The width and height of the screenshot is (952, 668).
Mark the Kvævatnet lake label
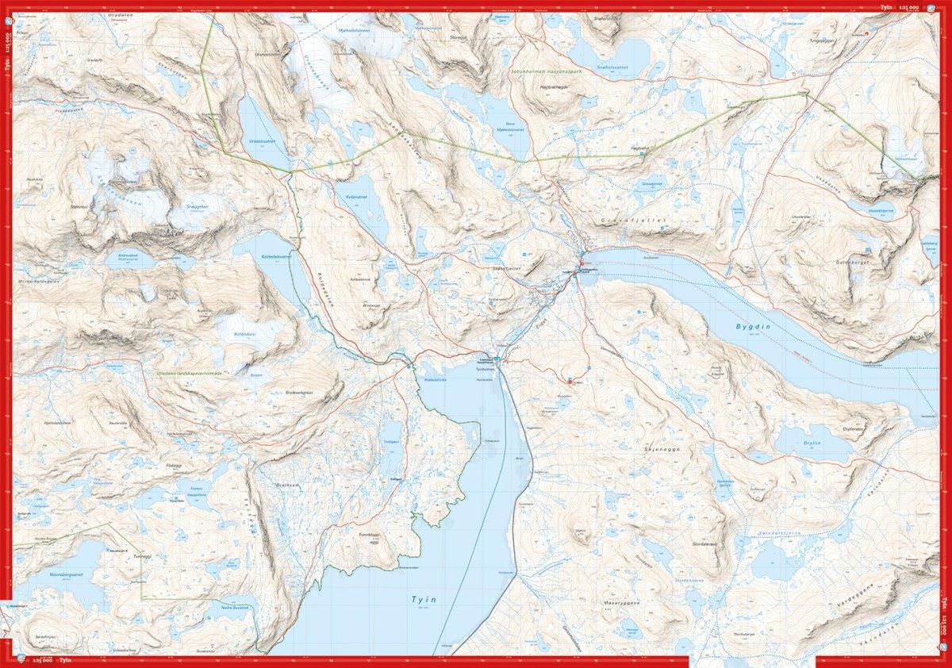pos(359,194)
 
